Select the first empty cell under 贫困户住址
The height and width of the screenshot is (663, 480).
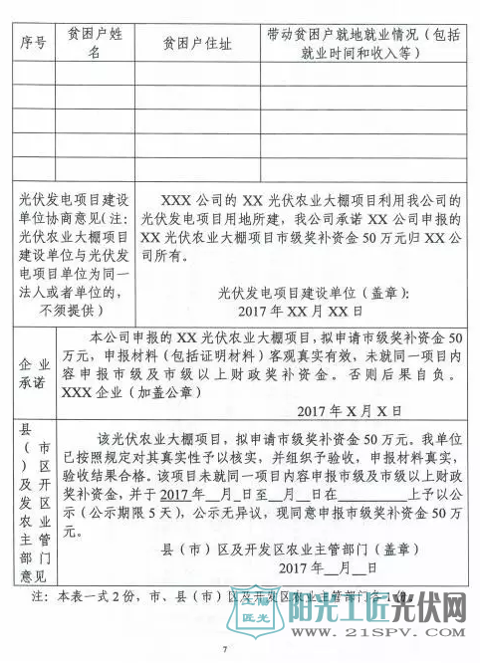pos(196,74)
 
